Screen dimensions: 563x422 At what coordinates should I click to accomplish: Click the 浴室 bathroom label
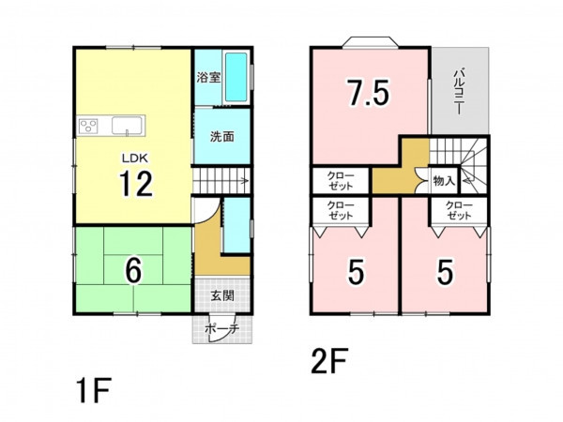point(208,77)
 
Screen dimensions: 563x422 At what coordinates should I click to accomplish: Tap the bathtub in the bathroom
point(236,77)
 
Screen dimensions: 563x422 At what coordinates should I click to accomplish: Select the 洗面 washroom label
point(221,136)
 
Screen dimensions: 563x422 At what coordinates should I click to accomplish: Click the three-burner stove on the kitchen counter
point(88,126)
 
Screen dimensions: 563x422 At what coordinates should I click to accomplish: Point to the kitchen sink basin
point(127,126)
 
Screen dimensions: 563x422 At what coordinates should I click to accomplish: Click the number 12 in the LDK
point(136,184)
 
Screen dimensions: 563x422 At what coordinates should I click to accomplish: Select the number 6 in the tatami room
point(133,271)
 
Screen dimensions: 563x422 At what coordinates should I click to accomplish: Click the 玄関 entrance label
point(222,295)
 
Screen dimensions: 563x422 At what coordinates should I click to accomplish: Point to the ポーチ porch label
point(222,328)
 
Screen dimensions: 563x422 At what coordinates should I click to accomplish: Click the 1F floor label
point(94,390)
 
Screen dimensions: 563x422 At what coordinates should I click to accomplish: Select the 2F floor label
point(329,361)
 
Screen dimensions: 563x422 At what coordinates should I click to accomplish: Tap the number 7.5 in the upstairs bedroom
point(367,93)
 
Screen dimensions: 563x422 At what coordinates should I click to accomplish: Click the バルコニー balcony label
point(459,92)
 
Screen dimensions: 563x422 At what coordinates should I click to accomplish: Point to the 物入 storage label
point(444,181)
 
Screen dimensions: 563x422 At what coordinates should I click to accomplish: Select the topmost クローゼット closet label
point(340,181)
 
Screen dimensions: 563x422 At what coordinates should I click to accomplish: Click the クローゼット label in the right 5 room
point(459,211)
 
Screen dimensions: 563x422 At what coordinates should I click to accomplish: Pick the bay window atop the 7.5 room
point(371,41)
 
